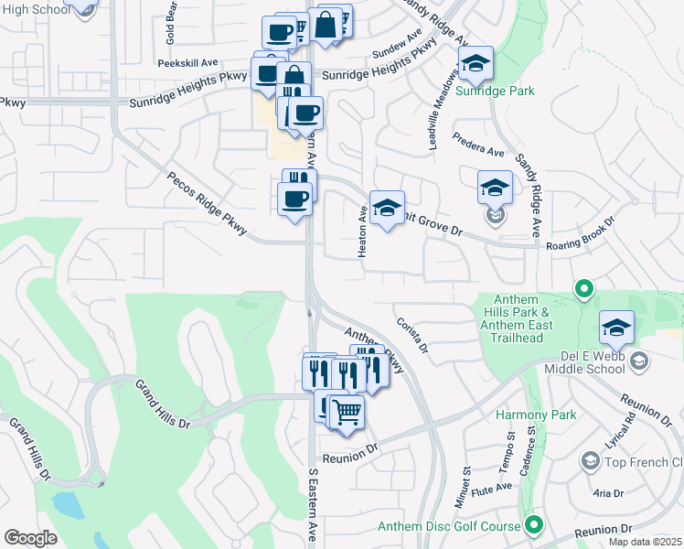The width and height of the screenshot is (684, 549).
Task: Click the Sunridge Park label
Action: [x=495, y=91]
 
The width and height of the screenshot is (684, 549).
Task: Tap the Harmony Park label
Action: [x=536, y=414]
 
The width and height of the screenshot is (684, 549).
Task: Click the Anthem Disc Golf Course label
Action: [x=451, y=526]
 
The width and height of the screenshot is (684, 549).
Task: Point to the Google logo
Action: [x=29, y=538]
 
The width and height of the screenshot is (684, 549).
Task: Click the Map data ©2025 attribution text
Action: [x=645, y=542]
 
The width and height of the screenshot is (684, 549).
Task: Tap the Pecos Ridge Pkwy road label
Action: [x=208, y=203]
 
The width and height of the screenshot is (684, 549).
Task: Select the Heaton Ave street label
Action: [x=363, y=231]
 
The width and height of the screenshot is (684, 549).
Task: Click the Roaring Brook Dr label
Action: [x=581, y=242]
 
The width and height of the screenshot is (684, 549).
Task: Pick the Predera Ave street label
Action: [x=478, y=145]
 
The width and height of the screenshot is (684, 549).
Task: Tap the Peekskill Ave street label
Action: [x=187, y=63]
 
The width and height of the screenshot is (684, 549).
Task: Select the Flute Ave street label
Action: [x=494, y=490]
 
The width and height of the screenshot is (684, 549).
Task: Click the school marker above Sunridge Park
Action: [x=476, y=63]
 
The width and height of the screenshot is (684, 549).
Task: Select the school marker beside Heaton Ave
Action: [x=387, y=208]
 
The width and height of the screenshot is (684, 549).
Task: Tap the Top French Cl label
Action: [x=644, y=463]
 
